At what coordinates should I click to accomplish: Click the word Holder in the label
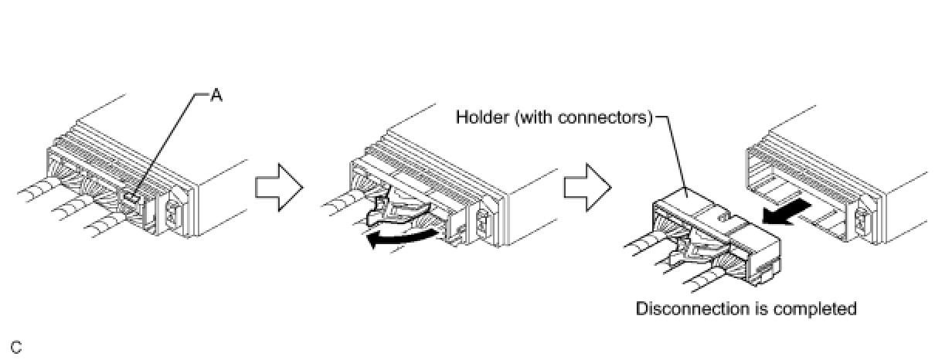tap(480, 118)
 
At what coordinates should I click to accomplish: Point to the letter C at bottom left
tap(16, 347)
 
